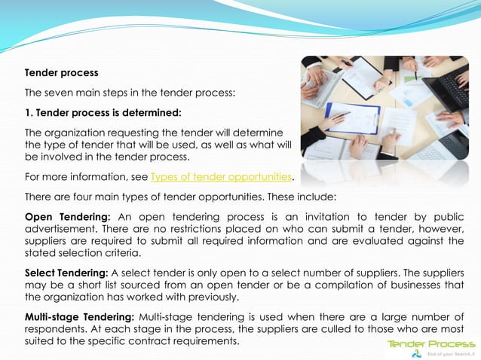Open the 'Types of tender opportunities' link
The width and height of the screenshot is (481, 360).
tap(220, 177)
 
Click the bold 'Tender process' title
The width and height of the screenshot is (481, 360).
tap(61, 73)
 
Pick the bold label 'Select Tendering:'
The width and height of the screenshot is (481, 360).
tap(66, 272)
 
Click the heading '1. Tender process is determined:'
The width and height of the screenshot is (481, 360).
tap(103, 113)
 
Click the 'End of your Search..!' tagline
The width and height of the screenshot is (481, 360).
tap(450, 353)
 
